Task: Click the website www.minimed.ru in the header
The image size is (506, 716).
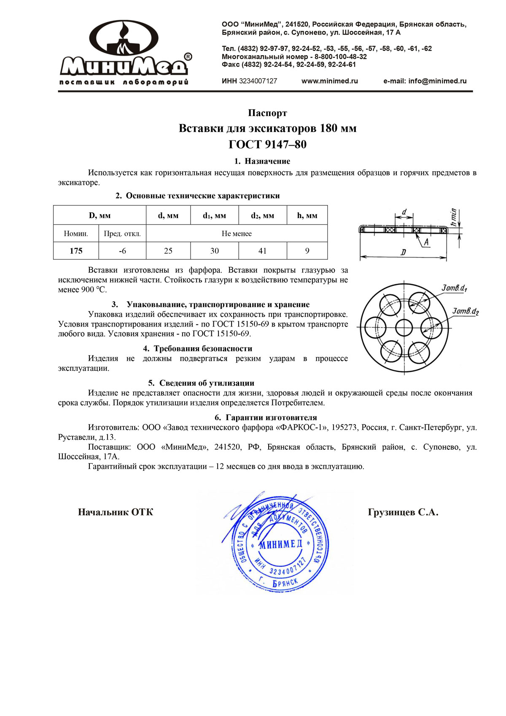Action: [329, 81]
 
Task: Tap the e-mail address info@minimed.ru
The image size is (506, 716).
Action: [425, 81]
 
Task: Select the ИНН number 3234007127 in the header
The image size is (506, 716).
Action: [258, 81]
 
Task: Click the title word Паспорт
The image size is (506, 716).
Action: [267, 113]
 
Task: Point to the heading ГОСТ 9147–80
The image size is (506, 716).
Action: [267, 145]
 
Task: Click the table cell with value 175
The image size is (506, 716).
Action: [76, 251]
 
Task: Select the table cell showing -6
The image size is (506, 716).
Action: [122, 251]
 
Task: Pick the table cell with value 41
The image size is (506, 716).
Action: [262, 251]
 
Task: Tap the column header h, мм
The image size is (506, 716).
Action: [307, 216]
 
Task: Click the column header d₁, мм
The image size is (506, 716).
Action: [214, 216]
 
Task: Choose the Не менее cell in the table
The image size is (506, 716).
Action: [237, 233]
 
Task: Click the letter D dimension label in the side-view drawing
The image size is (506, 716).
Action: [403, 252]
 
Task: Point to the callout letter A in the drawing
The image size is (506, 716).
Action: [426, 242]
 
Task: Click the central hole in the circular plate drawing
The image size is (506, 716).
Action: [404, 327]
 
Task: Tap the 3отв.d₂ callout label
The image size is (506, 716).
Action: [466, 311]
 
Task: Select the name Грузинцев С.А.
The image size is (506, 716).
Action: [403, 513]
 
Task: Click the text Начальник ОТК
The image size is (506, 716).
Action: [116, 513]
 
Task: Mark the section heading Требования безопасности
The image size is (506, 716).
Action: [202, 349]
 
